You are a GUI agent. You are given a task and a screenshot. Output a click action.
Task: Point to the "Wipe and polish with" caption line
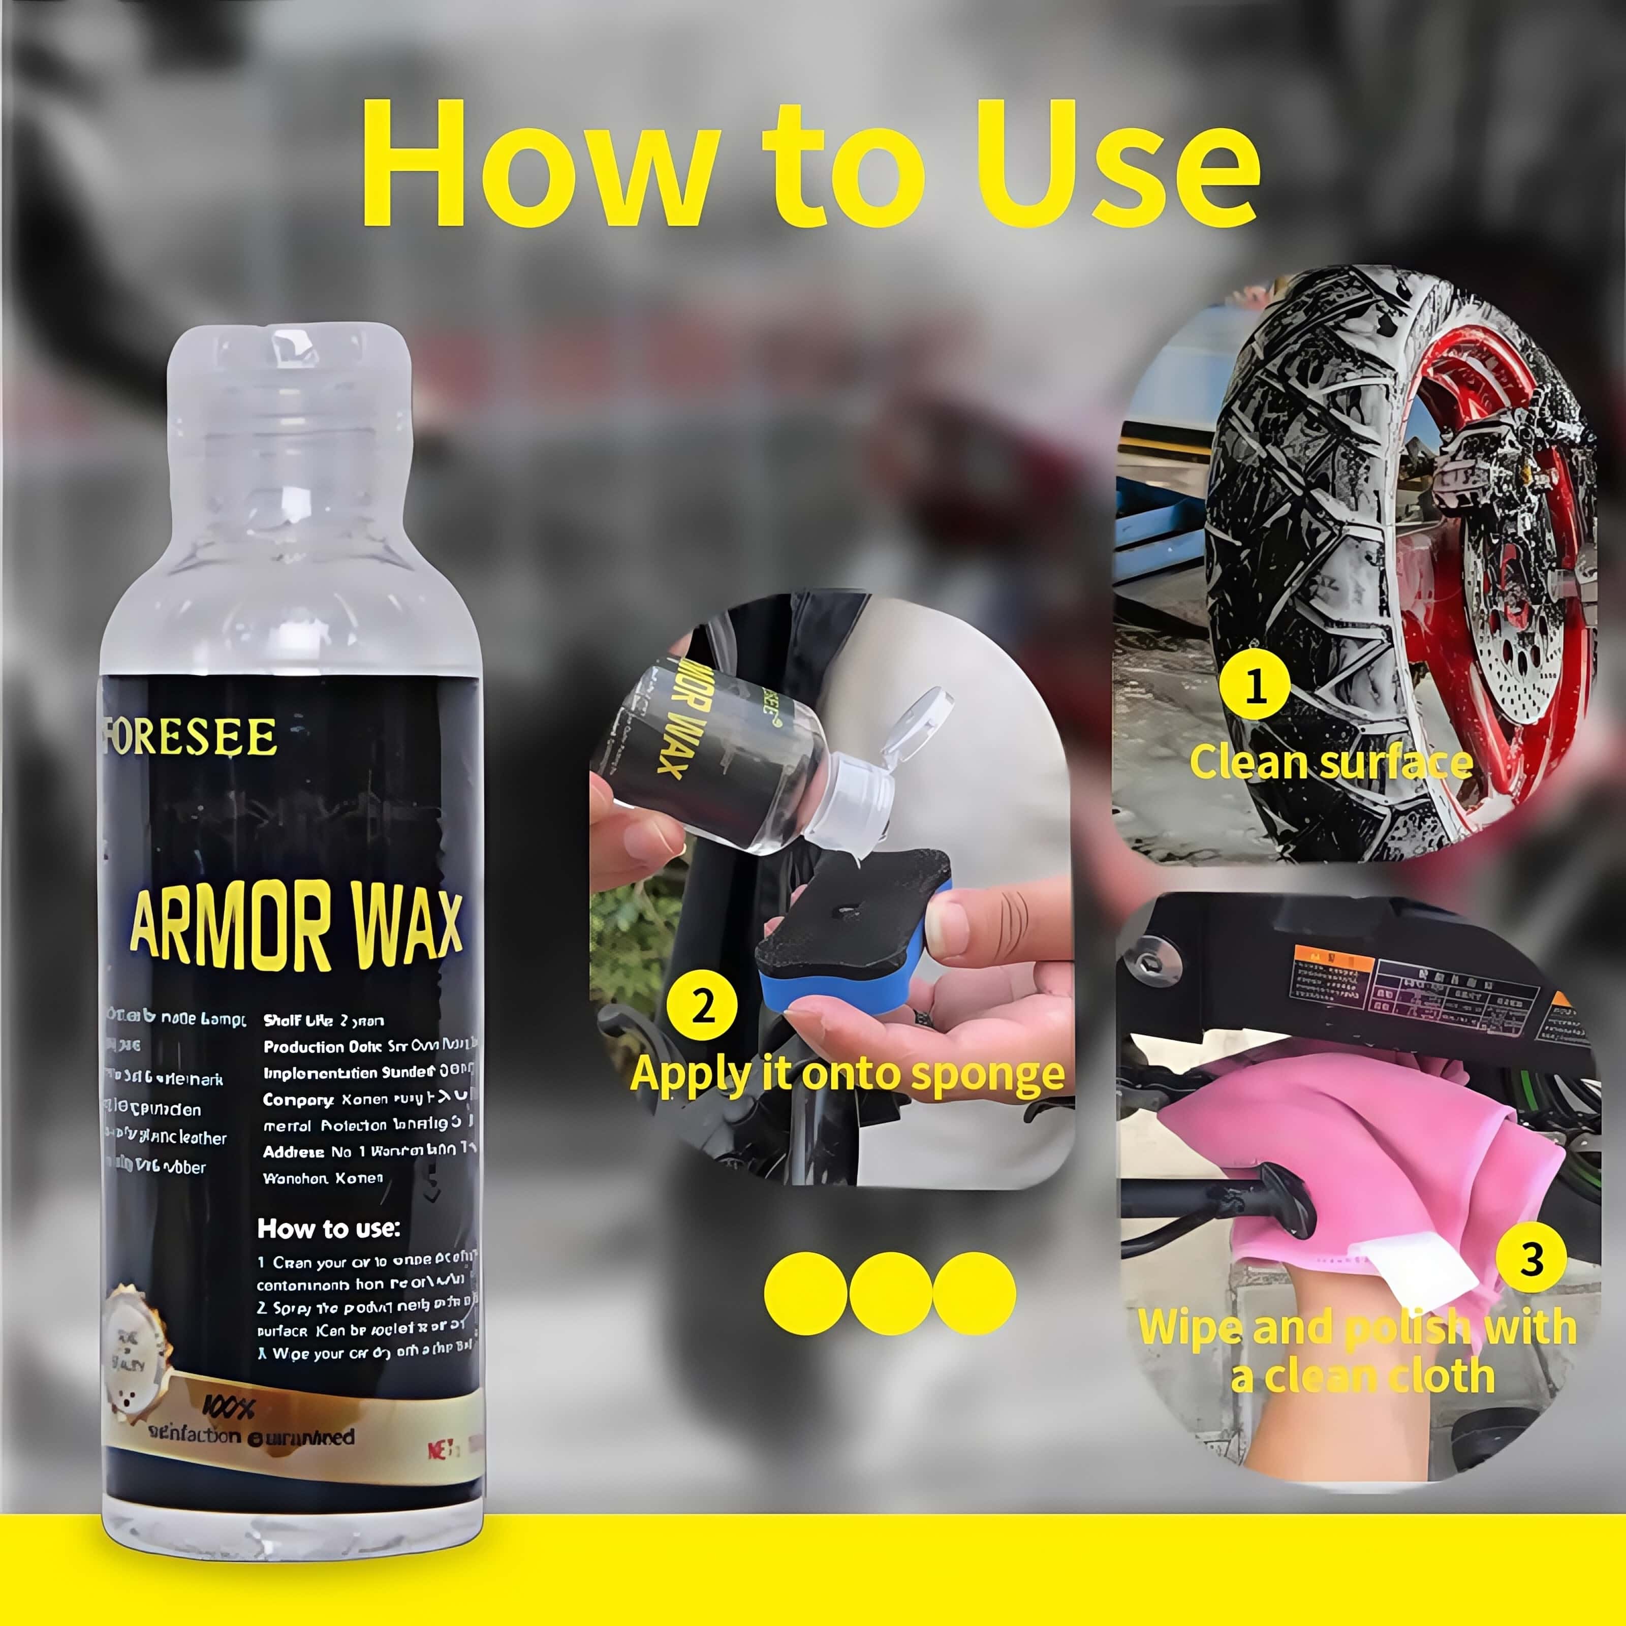pyautogui.click(x=1357, y=1328)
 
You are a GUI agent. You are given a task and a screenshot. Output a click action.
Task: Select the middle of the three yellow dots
pyautogui.click(x=890, y=1294)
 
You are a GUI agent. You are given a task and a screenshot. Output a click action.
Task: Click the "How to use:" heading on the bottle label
pyautogui.click(x=328, y=1229)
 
